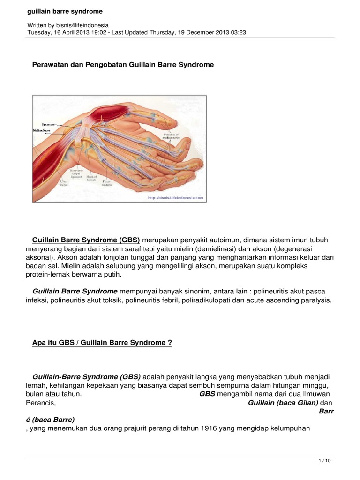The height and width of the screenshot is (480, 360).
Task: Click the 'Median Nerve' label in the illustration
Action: tap(42, 131)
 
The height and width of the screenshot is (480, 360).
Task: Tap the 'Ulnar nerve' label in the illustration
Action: tap(64, 183)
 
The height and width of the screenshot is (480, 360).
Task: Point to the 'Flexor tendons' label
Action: tap(107, 183)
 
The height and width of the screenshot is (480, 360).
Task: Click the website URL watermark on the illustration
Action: tap(175, 198)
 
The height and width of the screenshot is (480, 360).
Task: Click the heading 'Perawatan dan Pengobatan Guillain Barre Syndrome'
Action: tap(123, 65)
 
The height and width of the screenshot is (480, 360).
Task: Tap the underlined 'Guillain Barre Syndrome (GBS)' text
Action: tap(86, 240)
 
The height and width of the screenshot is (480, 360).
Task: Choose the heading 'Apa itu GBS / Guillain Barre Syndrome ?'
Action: tap(102, 343)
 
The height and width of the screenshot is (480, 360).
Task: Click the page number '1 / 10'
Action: tap(324, 461)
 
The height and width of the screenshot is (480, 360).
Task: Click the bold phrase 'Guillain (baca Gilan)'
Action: tap(283, 403)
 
